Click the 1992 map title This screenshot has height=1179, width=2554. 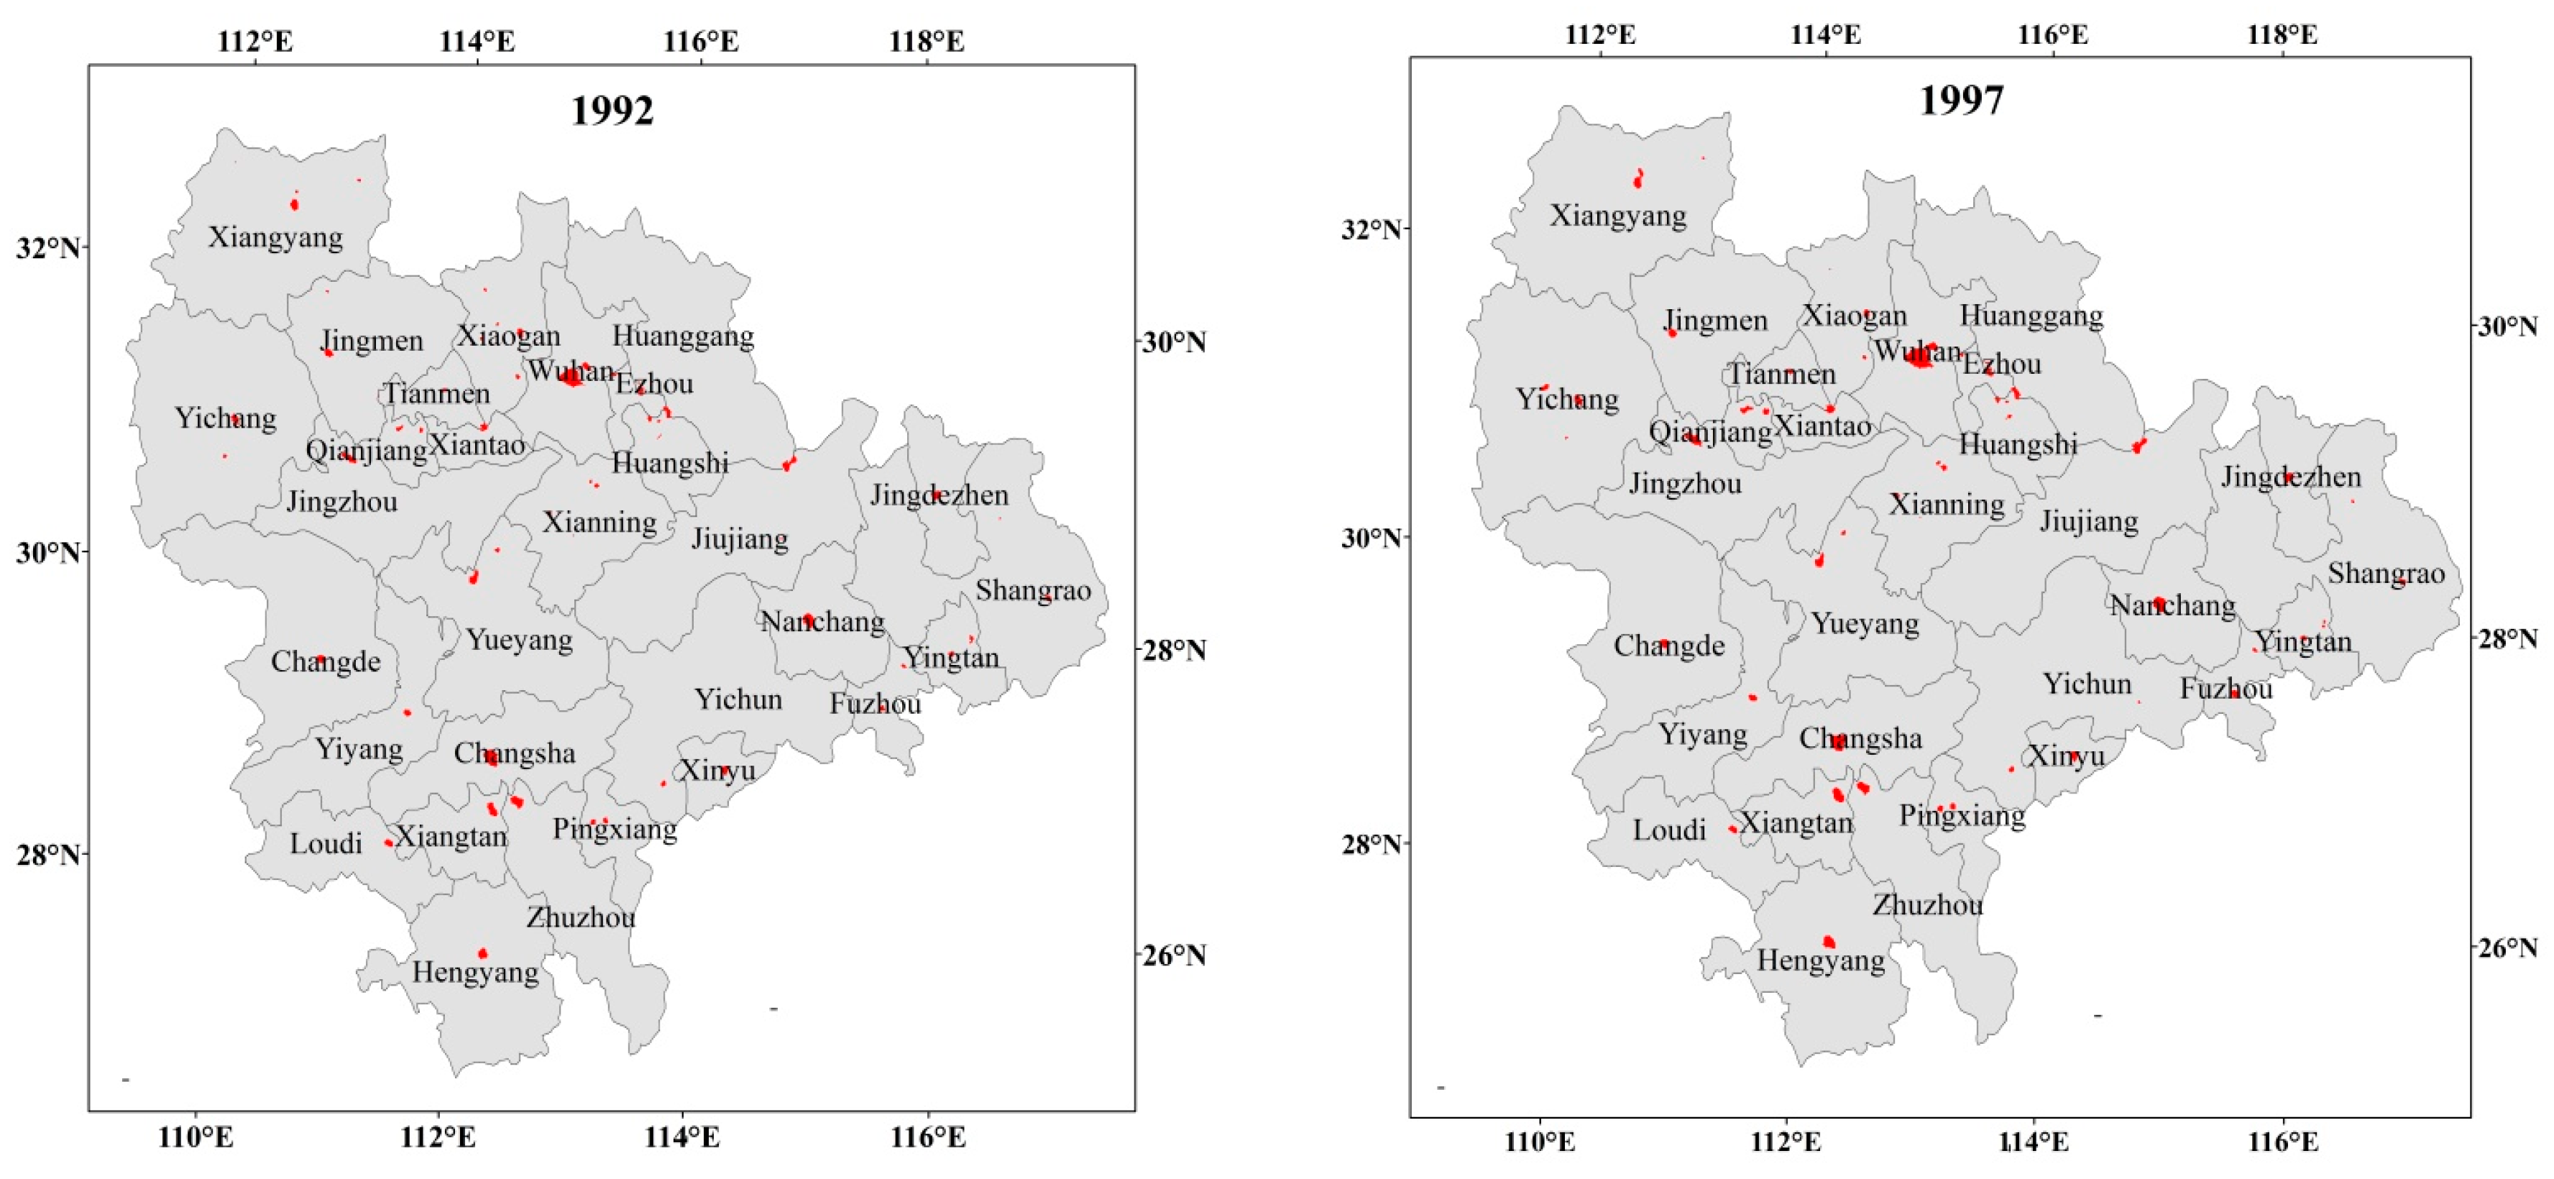(612, 111)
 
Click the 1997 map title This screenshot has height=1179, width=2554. (1961, 100)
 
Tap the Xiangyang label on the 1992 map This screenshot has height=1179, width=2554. (275, 238)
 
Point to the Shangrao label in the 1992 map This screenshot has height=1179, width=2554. (1032, 591)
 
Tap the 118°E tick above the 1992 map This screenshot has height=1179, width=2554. (927, 42)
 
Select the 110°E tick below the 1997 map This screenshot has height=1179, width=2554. (1539, 1142)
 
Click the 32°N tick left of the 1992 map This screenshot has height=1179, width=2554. (47, 247)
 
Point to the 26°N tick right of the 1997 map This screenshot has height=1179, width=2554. (2509, 948)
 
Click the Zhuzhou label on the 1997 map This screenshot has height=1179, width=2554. (1927, 905)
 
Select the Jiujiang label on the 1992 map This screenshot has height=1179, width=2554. (740, 539)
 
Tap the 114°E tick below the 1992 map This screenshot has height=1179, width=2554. (682, 1137)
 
